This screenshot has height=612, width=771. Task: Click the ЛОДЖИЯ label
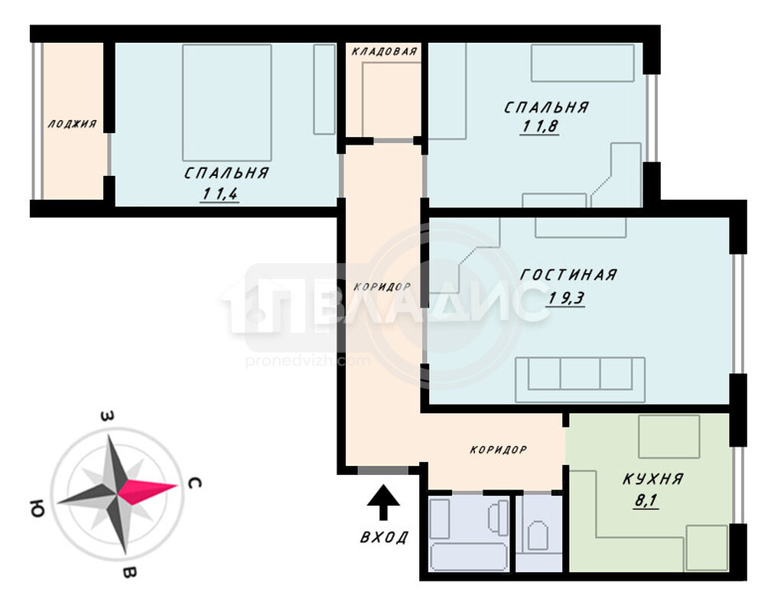(x=72, y=123)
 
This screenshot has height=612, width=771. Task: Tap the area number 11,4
(x=220, y=194)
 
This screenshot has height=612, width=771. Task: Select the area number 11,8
(x=539, y=126)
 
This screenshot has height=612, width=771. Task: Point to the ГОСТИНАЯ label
(x=568, y=275)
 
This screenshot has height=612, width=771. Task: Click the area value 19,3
(x=566, y=298)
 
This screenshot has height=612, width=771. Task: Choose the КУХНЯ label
(x=653, y=479)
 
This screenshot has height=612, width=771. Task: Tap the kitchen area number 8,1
(x=646, y=501)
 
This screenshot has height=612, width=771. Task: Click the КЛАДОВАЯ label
(x=385, y=51)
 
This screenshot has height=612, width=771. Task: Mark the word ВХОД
(x=384, y=537)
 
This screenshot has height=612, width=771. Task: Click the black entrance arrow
(x=383, y=503)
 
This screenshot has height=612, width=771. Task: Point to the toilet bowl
(x=538, y=535)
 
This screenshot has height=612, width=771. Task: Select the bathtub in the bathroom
(x=468, y=557)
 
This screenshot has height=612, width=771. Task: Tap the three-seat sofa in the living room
(x=580, y=379)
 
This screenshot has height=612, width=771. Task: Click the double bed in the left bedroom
(x=226, y=103)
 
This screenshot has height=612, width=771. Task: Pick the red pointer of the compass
(x=148, y=490)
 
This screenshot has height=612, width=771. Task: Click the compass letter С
(x=194, y=483)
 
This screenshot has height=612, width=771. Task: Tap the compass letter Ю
(x=37, y=510)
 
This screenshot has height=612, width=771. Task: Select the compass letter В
(x=128, y=572)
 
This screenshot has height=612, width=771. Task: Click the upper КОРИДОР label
(x=382, y=287)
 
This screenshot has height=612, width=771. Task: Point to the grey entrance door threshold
(x=383, y=470)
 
